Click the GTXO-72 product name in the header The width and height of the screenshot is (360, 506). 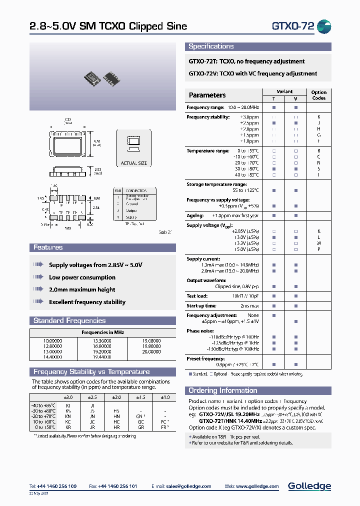coord(293,26)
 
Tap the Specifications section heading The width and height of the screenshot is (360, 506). coord(211,46)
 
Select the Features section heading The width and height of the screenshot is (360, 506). coord(48,247)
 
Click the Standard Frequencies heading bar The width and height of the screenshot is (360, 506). coord(69,320)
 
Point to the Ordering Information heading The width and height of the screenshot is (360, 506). coord(222,390)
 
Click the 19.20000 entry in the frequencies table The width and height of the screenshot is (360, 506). coord(102,351)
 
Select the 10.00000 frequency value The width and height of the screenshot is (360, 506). coord(53,340)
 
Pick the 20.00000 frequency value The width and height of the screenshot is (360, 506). coord(151,351)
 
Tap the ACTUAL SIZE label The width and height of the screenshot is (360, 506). coord(134,163)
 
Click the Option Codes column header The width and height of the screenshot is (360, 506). coord(318,95)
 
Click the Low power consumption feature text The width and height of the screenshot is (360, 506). coord(82,277)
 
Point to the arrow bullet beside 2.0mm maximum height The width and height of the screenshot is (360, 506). coord(38,289)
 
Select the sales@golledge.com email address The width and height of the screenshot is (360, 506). coord(188,486)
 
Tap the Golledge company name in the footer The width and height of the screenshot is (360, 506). coord(309,486)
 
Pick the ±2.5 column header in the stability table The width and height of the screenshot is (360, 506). coord(92,397)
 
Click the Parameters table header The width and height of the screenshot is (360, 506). coord(207,95)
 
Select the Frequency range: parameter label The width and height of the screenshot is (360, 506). coord(205,107)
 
